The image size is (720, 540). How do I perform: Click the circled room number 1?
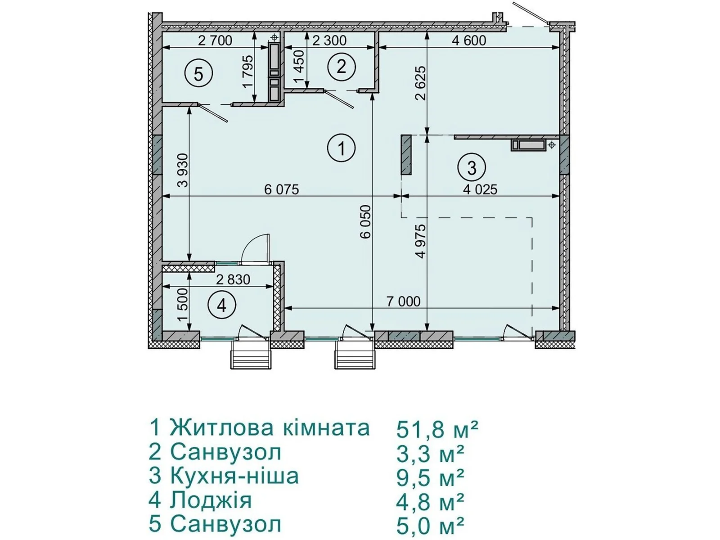point(341,148)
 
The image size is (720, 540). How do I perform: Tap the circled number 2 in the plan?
point(341,67)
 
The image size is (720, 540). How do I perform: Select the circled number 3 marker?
point(471,168)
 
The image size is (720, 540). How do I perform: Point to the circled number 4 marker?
point(222,306)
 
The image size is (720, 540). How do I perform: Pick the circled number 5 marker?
point(198,74)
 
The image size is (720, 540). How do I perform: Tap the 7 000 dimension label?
point(403,301)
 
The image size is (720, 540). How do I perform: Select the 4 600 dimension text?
point(469,40)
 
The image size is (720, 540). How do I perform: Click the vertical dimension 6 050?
point(365,222)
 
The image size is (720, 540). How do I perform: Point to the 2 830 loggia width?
point(233,279)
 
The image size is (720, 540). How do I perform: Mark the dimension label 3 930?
point(183,170)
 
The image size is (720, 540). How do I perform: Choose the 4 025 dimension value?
point(480,189)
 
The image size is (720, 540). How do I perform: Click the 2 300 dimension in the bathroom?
point(329,40)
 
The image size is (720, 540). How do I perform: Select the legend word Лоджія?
point(211,500)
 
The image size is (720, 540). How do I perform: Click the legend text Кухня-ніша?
point(234,476)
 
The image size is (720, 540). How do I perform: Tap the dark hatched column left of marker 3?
point(406,155)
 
